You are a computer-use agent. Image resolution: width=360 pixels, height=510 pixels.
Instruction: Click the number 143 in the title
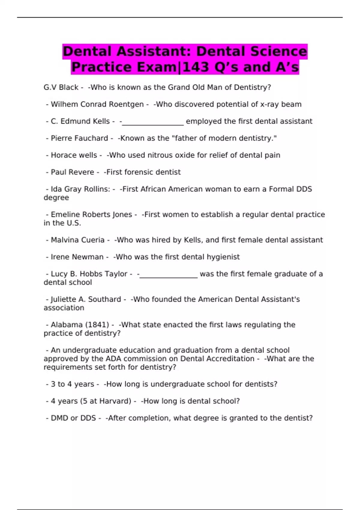[x=196, y=67]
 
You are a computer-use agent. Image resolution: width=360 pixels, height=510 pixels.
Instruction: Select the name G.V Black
[x=61, y=87]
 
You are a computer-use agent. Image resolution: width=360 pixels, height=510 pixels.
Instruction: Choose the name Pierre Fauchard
[x=79, y=138]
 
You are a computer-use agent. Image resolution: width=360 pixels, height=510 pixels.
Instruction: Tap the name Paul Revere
[x=72, y=172]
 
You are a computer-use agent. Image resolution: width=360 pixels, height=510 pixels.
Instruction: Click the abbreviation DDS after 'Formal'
[x=304, y=189]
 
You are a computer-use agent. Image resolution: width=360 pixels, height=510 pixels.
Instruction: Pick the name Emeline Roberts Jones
[x=91, y=214]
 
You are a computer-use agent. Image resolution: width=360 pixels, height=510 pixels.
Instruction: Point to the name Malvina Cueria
[x=77, y=240]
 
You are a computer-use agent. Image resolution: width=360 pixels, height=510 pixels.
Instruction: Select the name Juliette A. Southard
[x=86, y=299]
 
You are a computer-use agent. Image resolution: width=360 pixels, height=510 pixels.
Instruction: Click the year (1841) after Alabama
[x=97, y=325]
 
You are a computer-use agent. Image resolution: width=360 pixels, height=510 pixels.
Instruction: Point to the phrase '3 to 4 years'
[x=72, y=384]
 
